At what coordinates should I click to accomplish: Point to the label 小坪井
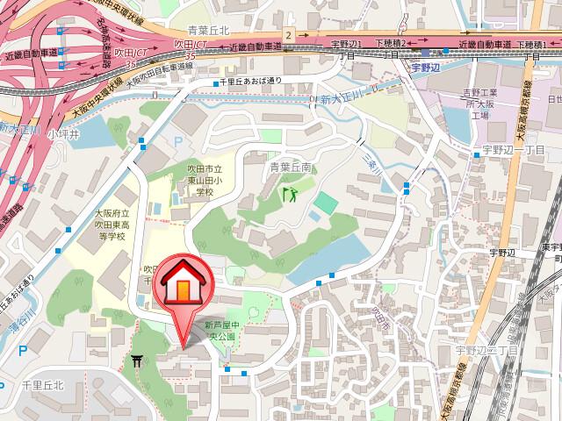63,133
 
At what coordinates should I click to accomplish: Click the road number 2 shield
286,34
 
